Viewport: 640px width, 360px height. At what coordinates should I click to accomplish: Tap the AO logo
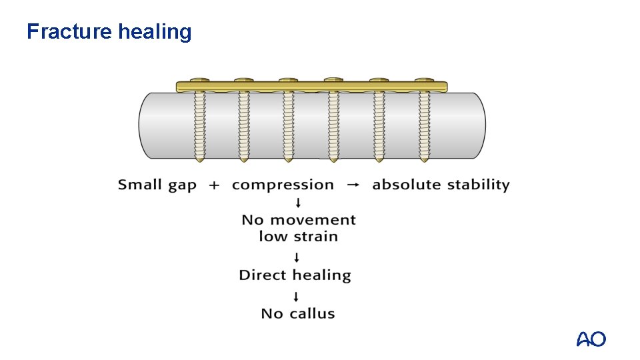point(591,339)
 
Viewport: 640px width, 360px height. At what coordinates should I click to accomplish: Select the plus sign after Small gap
point(214,185)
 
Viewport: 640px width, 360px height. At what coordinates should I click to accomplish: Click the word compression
point(283,185)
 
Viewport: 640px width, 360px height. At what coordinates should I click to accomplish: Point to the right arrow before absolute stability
point(353,185)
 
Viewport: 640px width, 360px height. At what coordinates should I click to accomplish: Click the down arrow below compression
point(298,203)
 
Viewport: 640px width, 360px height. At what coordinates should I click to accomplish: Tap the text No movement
point(298,220)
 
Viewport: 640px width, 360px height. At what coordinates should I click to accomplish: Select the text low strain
point(298,237)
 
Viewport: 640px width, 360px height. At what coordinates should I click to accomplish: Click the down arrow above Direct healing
point(298,257)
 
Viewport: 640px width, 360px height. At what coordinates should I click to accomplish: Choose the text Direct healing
point(295,275)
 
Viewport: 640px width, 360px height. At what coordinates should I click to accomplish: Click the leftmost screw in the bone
point(199,123)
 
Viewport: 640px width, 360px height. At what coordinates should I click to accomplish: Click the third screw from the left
point(288,123)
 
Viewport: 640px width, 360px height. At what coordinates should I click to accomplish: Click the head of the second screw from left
point(243,81)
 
